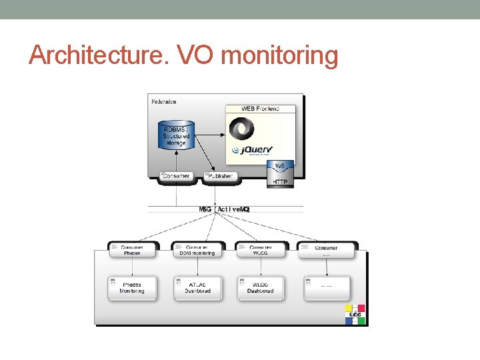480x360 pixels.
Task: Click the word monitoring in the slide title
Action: [279, 57]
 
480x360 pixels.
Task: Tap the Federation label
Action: [164, 102]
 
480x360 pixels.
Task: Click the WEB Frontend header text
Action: [260, 108]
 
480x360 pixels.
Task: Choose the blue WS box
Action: [280, 166]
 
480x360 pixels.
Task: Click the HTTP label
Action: [280, 182]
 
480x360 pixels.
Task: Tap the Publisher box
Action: [220, 176]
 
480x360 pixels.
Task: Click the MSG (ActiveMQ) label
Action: [224, 209]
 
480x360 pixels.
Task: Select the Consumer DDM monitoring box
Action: [196, 250]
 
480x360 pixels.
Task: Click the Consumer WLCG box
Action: [260, 250]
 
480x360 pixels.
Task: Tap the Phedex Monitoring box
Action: [132, 288]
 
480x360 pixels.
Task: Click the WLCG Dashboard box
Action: [260, 288]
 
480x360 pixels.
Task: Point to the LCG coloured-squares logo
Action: [355, 314]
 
